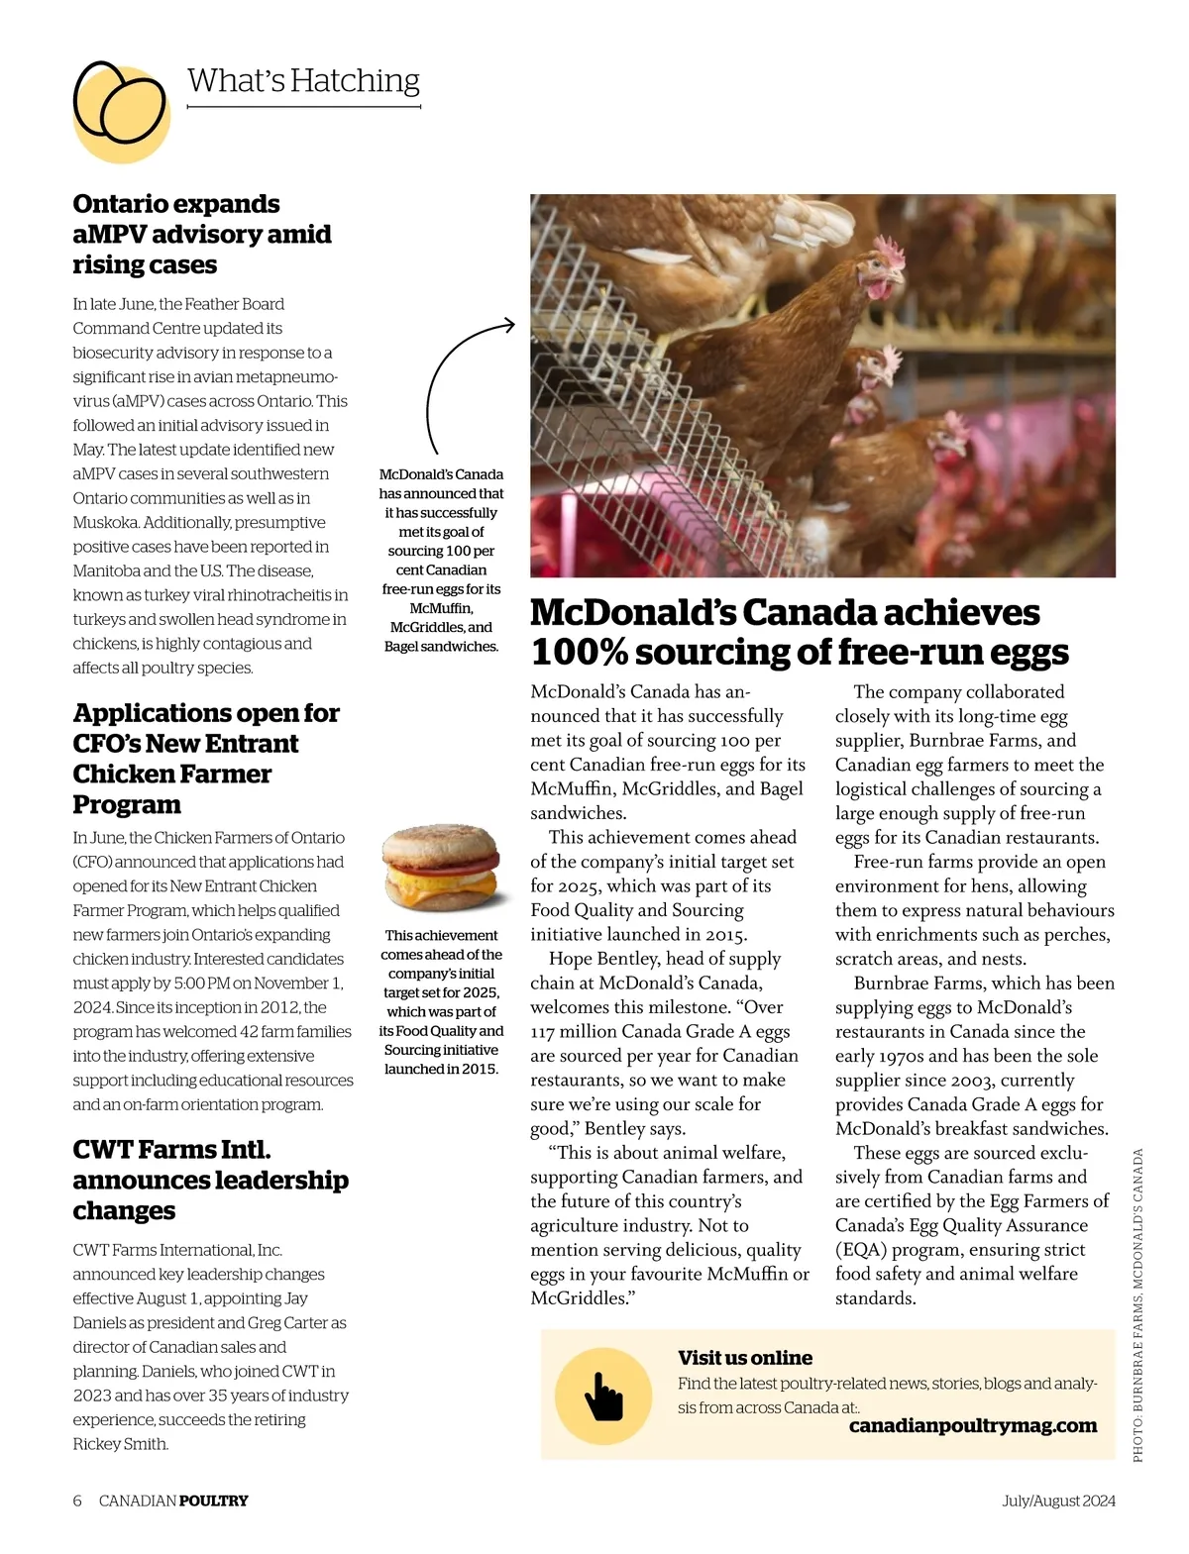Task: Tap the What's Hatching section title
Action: (x=303, y=80)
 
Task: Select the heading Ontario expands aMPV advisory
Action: (x=201, y=234)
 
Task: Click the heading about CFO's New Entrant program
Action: (x=206, y=758)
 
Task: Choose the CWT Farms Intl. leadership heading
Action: (x=210, y=1180)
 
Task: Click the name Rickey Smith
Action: (x=120, y=1443)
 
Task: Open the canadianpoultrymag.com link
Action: (x=972, y=1425)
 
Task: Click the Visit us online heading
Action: (x=744, y=1358)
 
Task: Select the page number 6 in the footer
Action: (x=77, y=1501)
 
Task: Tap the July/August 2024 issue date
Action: (x=1057, y=1501)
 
